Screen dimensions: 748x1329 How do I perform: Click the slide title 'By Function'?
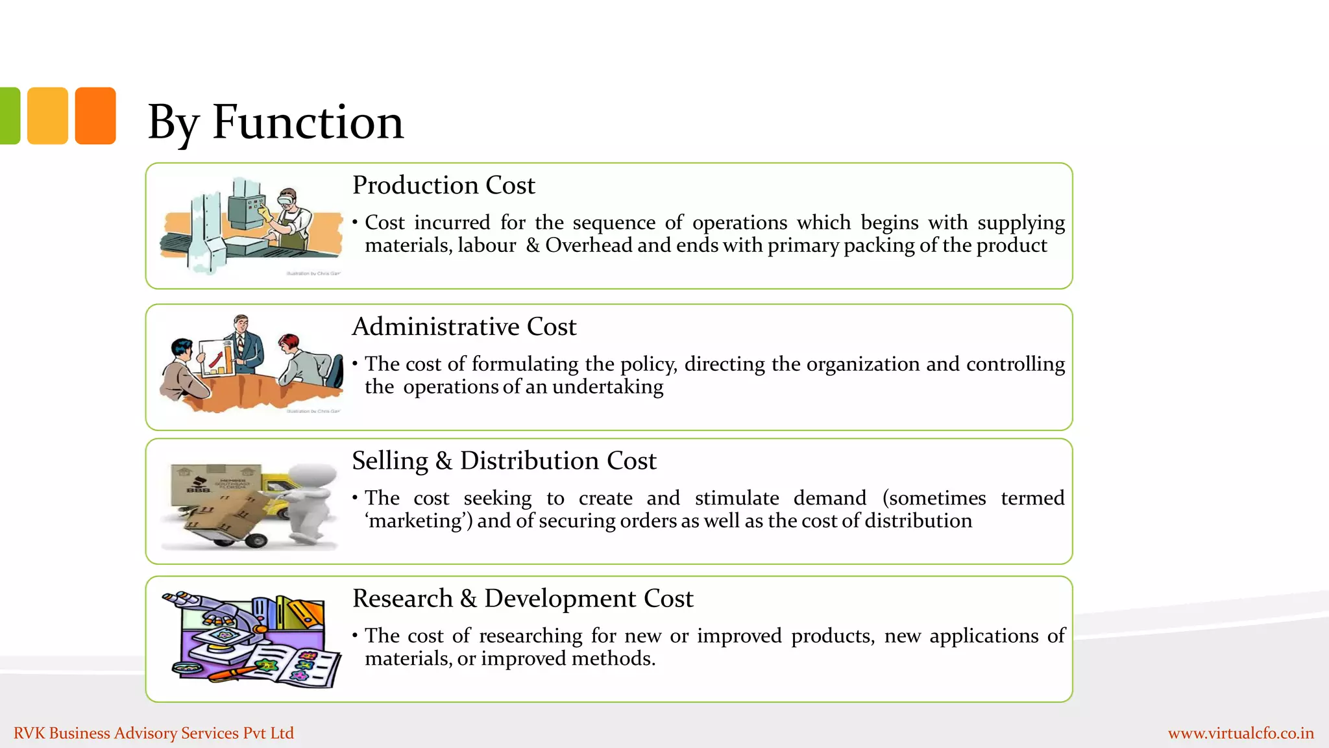275,122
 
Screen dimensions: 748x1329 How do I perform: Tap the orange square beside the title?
95,116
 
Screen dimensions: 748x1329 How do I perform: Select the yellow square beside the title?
47,116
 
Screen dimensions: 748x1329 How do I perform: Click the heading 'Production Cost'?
443,185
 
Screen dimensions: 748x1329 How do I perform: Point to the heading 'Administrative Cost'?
464,326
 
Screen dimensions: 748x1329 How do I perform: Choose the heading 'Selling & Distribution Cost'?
504,460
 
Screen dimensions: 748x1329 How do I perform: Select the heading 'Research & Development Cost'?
522,598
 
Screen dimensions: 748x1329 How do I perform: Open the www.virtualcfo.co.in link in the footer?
1241,733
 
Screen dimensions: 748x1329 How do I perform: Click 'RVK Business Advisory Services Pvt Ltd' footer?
154,733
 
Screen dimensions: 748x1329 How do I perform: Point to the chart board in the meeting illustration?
216,358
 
